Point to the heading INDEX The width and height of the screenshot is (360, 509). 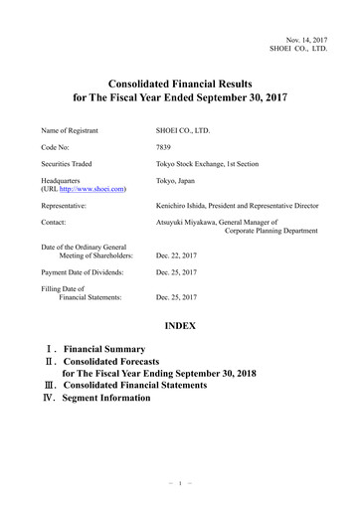[180, 325]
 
